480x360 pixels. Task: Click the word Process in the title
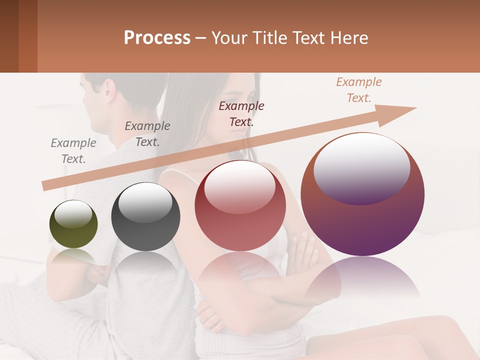(x=157, y=38)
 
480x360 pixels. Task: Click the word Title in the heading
(x=270, y=38)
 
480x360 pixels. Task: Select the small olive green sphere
(x=73, y=224)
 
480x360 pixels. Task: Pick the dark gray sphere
(x=145, y=217)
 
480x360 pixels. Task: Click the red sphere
(x=240, y=206)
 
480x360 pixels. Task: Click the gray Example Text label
(x=73, y=151)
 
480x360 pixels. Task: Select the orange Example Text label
(x=358, y=90)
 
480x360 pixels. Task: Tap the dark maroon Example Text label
(x=241, y=113)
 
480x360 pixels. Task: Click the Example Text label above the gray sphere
(x=147, y=134)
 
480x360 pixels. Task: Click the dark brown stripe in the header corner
(x=9, y=36)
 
